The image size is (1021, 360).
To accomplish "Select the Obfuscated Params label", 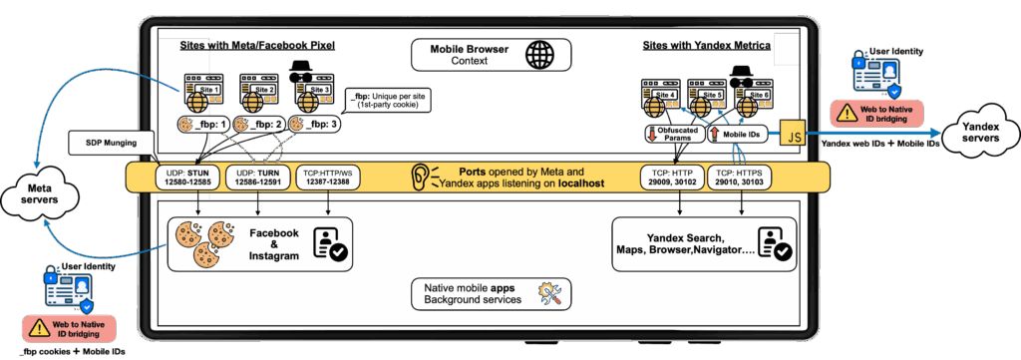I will [x=671, y=133].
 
